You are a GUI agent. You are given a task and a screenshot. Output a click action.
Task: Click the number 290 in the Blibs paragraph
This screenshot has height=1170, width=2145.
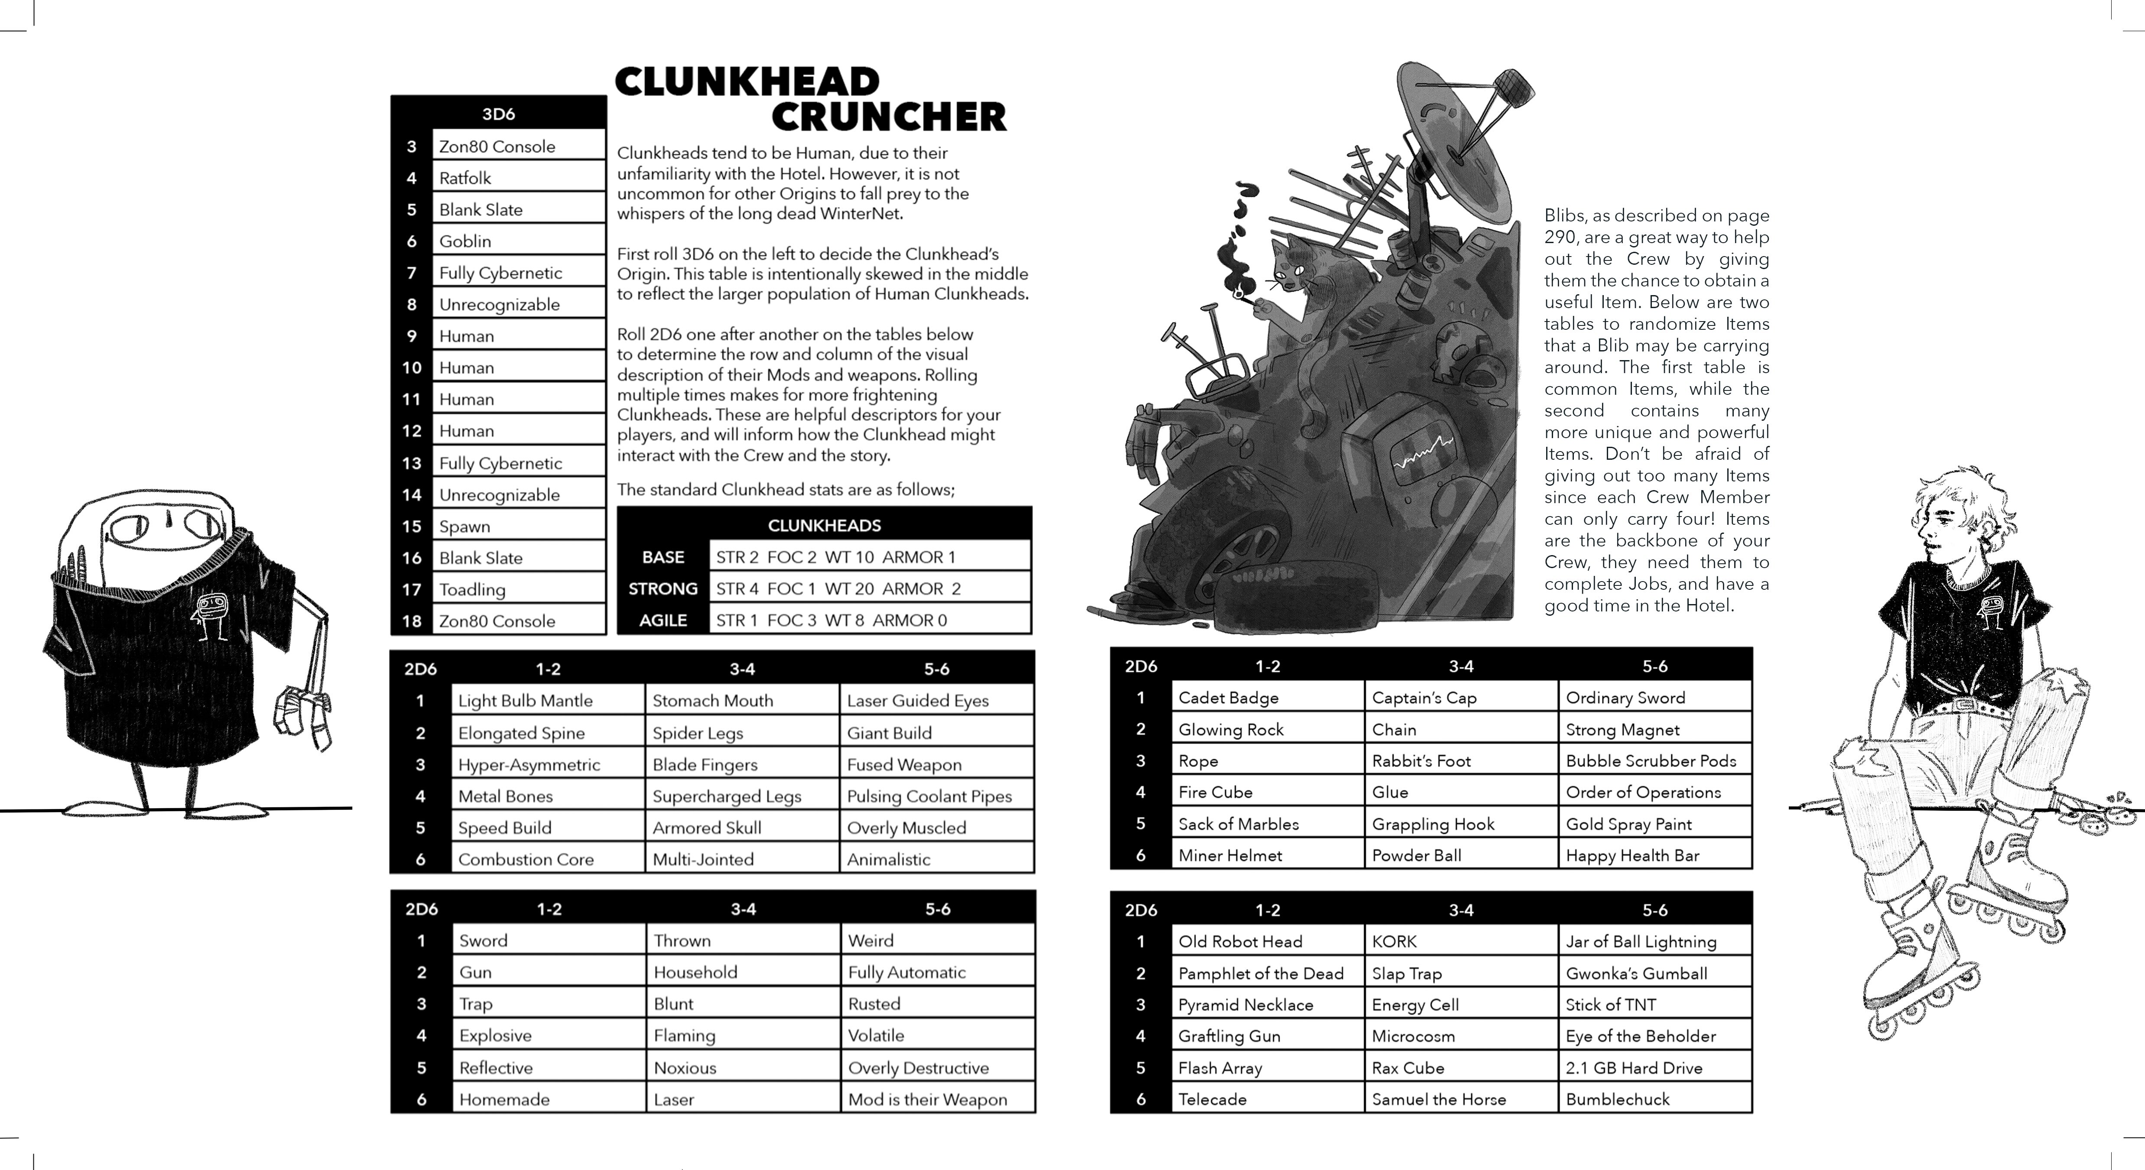coord(1562,237)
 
